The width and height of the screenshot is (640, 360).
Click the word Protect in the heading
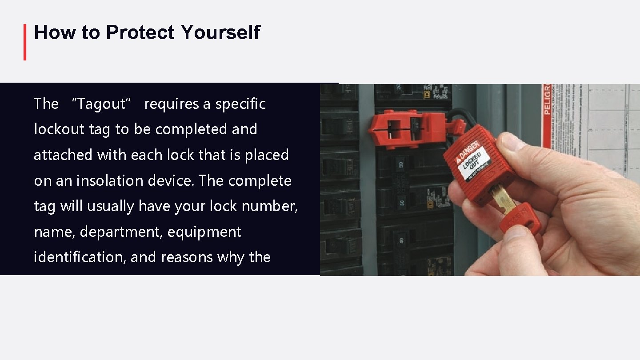tap(140, 33)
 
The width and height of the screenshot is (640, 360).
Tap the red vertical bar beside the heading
tap(25, 42)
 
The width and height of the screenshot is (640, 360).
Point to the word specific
tap(240, 104)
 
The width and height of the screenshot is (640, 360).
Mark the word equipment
tap(204, 232)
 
